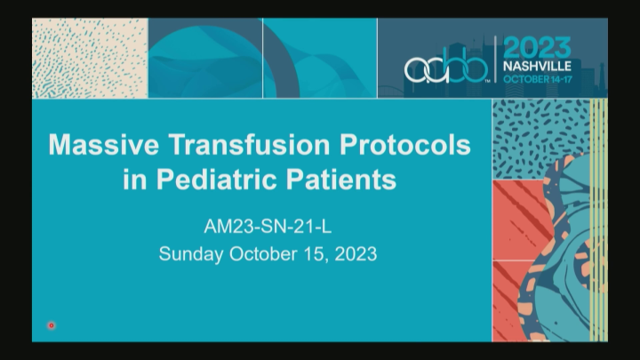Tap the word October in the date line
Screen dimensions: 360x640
[x=262, y=253]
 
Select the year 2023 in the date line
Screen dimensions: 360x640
[x=354, y=253]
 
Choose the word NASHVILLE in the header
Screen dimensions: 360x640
[x=540, y=66]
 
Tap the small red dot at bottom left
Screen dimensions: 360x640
[x=52, y=325]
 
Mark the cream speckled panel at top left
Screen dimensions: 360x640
[x=89, y=58]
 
